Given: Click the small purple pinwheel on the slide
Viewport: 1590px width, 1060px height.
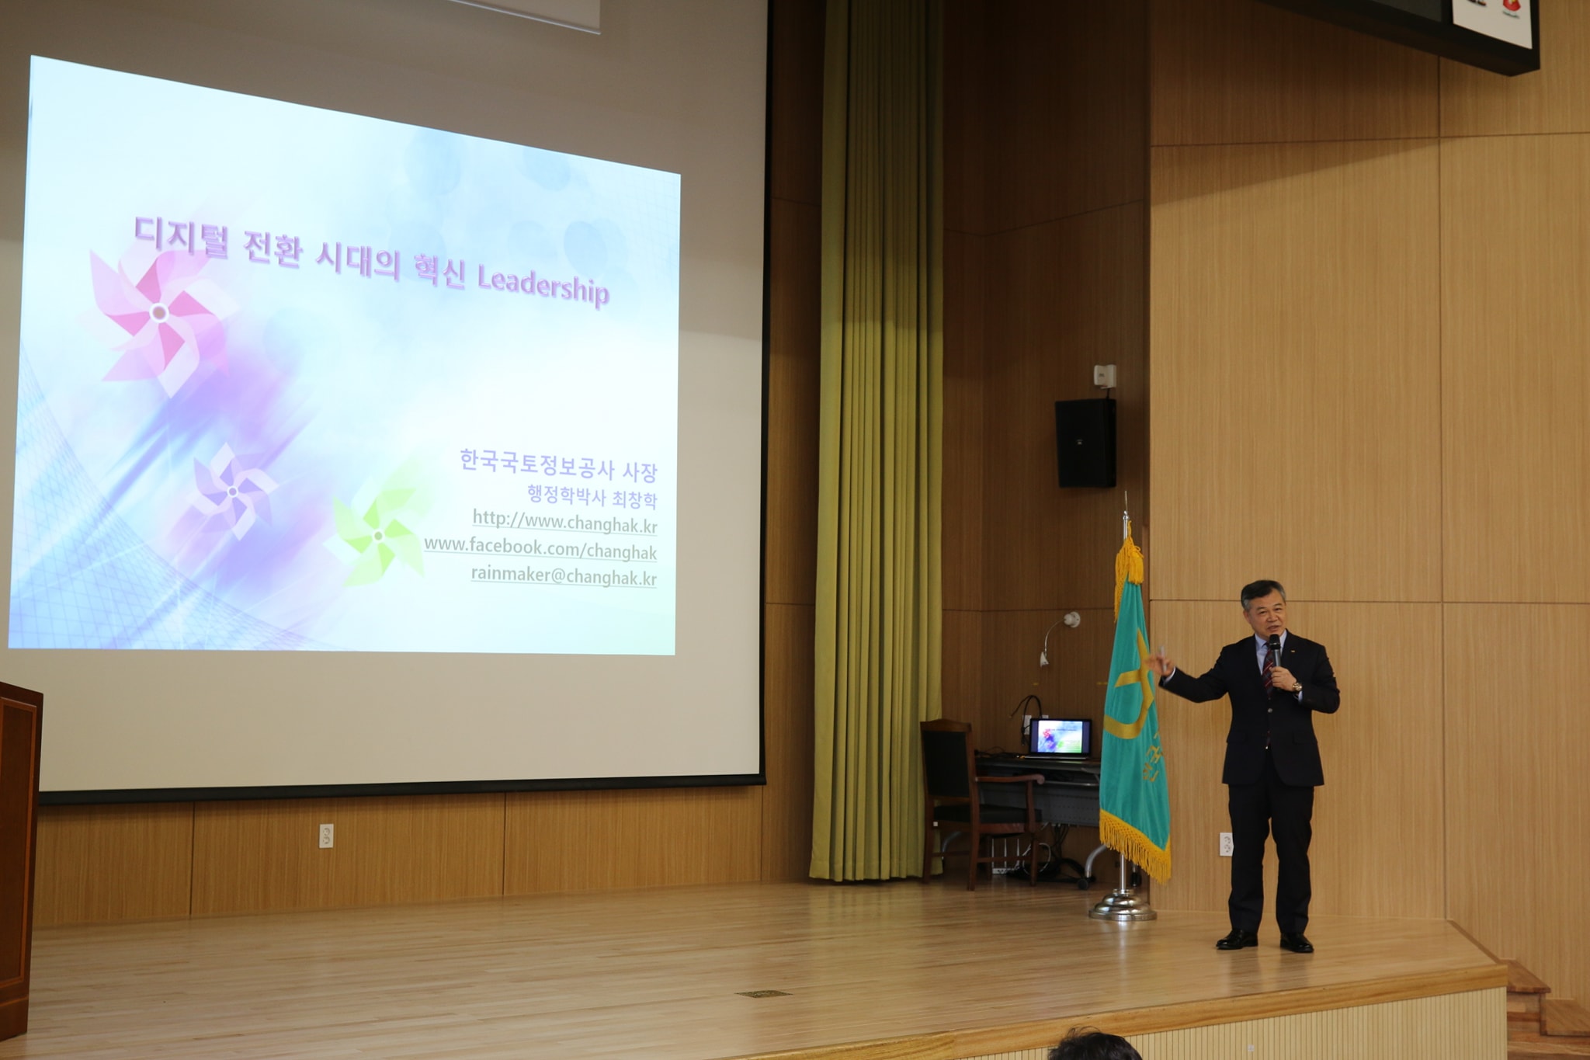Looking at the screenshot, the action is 232,491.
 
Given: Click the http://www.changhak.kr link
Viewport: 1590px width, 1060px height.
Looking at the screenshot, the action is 564,522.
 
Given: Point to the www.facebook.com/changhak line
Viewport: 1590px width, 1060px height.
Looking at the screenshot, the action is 540,548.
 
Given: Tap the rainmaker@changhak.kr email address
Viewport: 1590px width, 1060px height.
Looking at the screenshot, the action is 564,576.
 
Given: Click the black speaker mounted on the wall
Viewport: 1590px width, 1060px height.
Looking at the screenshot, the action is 1085,443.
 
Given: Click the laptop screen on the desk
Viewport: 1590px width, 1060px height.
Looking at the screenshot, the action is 1061,737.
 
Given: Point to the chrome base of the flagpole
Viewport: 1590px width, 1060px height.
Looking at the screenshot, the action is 1123,905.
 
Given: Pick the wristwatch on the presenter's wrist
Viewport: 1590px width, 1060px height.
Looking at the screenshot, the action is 1296,686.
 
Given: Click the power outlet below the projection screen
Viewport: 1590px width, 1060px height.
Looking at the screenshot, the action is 326,836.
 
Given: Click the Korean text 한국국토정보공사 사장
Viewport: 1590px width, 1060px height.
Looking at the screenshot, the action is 558,466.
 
